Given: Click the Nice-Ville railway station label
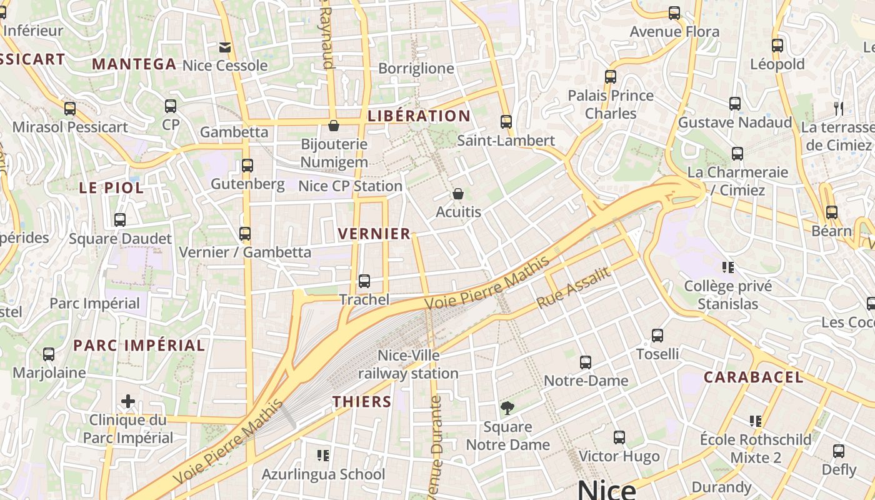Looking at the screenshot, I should tap(408, 364).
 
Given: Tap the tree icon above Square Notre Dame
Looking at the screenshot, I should tap(507, 409).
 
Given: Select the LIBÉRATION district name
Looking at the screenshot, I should tap(419, 116).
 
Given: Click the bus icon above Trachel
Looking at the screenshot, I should tap(364, 281).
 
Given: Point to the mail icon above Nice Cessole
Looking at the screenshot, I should tap(224, 47).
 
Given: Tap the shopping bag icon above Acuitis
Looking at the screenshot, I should tap(458, 194).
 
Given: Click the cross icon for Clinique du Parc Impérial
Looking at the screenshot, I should tap(128, 401).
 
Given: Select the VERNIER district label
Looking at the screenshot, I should tap(374, 234).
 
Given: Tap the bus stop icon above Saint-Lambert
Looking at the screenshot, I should tap(506, 122).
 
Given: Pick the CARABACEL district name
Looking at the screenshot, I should tap(754, 377).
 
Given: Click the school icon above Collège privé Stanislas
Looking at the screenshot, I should tap(727, 267).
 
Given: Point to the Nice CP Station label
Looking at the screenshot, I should tap(350, 186).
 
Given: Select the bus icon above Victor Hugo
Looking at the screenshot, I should tap(619, 437).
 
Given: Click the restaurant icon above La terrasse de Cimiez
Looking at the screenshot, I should tap(839, 109).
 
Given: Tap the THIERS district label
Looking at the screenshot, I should tap(362, 402).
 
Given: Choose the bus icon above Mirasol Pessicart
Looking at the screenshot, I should tap(70, 108).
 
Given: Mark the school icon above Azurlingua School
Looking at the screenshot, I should tap(323, 455).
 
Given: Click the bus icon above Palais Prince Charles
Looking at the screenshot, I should tap(611, 77).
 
